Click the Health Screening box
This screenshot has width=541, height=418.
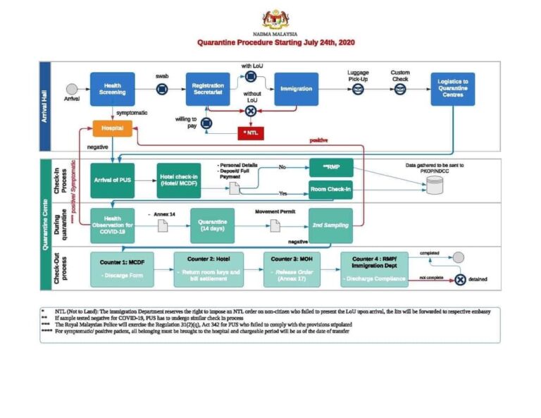click(x=112, y=89)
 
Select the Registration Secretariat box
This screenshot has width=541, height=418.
click(x=208, y=89)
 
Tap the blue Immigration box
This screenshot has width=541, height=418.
click(x=296, y=89)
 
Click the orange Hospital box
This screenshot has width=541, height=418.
click(x=112, y=128)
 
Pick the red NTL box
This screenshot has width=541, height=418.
click(x=251, y=132)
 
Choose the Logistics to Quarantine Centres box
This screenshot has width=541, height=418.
click(x=452, y=89)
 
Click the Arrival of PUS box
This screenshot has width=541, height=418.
click(x=112, y=180)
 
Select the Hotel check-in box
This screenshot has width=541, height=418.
click(x=178, y=180)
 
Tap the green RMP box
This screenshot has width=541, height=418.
click(x=331, y=168)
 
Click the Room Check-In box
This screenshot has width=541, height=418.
click(x=331, y=190)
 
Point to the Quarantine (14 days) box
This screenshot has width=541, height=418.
click(x=211, y=225)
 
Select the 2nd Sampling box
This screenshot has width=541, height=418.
click(x=331, y=225)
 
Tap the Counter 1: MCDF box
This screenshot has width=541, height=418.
click(x=121, y=269)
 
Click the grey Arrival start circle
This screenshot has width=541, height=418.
click(x=71, y=89)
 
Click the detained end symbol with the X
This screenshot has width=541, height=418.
click(x=460, y=279)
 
